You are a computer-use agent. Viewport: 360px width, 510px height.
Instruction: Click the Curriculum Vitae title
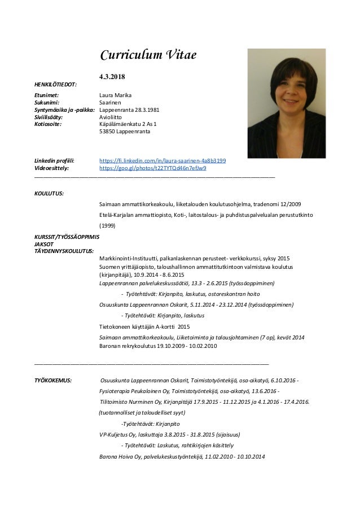[147, 55]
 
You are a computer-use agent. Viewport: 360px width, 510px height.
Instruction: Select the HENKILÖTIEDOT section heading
[56, 84]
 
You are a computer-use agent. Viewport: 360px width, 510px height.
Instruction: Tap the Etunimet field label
[47, 95]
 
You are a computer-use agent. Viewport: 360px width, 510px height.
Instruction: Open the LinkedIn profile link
[163, 160]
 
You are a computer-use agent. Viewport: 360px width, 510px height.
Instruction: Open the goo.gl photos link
[152, 168]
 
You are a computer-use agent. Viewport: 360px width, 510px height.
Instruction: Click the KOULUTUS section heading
[49, 193]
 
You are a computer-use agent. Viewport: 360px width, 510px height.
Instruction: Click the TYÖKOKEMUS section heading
[53, 381]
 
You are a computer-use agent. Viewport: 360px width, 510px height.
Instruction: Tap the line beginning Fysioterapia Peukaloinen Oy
[188, 391]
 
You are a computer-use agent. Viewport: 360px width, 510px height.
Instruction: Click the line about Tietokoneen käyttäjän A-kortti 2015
[144, 326]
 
